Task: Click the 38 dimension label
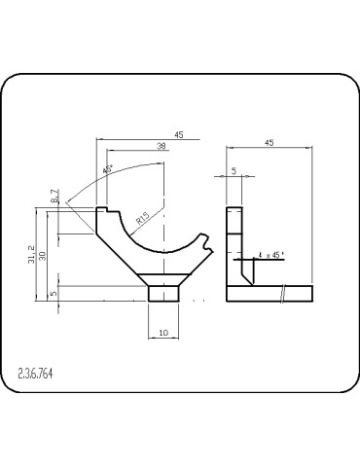point(162,146)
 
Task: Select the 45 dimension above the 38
point(179,134)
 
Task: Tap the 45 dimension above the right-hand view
point(270,142)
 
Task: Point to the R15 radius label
point(142,218)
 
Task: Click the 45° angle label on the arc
point(108,169)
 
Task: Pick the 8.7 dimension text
point(55,196)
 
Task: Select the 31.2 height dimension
point(31,254)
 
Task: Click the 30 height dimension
point(43,256)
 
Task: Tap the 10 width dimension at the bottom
point(163,333)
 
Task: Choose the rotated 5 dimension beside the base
point(54,293)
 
